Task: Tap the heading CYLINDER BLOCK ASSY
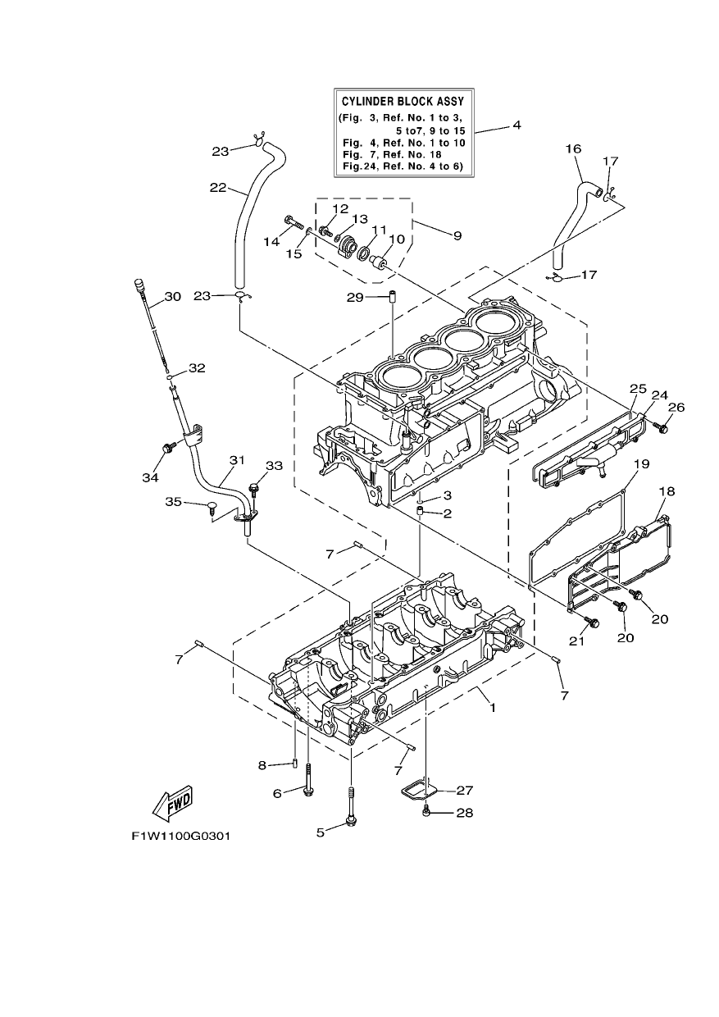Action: [403, 100]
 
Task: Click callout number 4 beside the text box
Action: [516, 125]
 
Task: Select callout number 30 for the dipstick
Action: [172, 296]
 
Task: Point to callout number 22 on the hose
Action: [218, 188]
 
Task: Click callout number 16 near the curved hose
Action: [573, 148]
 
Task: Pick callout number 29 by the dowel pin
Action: [356, 298]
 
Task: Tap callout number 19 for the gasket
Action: [642, 464]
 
